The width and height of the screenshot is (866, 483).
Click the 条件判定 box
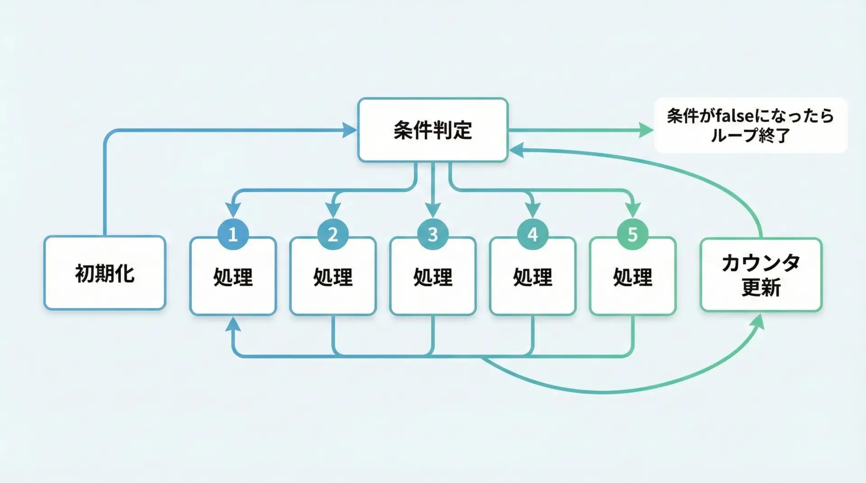tap(433, 130)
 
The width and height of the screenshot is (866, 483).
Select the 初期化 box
tap(105, 273)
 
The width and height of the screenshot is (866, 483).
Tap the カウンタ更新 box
tap(761, 275)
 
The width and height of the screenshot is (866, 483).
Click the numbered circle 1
tap(233, 234)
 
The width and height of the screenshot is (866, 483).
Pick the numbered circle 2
tap(333, 234)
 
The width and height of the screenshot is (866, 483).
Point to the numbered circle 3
tap(433, 234)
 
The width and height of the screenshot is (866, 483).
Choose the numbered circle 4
tap(533, 234)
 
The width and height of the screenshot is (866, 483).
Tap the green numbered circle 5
tap(632, 234)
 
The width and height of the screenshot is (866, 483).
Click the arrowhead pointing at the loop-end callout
tap(646, 130)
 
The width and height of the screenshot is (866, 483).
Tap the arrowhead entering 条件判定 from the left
tap(350, 130)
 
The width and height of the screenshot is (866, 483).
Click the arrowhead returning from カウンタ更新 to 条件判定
tap(516, 150)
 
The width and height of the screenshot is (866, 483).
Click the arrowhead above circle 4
tap(533, 210)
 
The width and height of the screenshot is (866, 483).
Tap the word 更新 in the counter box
tap(761, 287)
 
